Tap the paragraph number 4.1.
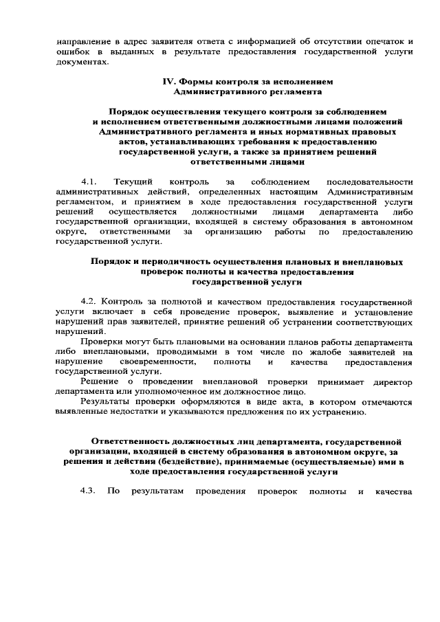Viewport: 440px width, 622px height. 89,180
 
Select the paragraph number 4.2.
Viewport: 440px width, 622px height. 89,302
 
